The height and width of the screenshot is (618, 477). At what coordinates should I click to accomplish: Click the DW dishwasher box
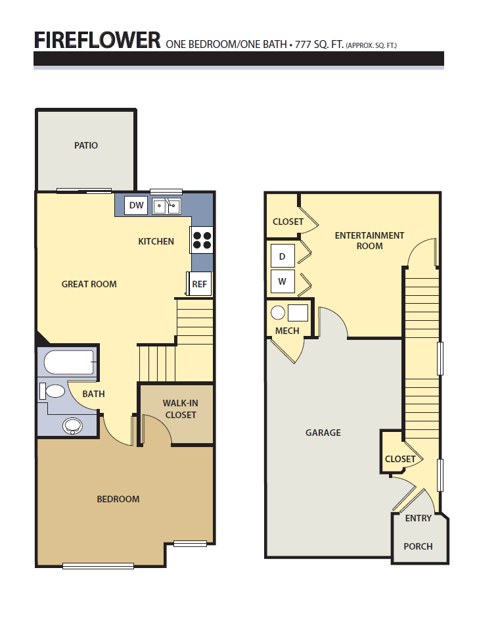coord(136,205)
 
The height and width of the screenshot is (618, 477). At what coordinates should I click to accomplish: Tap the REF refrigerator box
coord(199,284)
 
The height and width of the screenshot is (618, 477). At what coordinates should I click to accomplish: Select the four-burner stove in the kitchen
coord(202,239)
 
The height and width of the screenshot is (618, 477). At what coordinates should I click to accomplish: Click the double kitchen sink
coord(166,206)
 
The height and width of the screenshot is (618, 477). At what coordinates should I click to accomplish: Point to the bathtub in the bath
coord(69,362)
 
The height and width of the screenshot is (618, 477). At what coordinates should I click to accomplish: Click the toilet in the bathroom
coord(53,391)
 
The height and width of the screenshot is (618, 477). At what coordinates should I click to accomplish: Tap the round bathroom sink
coord(72,426)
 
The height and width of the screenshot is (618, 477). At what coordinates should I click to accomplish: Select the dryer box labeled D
coord(283,256)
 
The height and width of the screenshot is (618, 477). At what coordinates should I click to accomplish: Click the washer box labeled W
coord(283,281)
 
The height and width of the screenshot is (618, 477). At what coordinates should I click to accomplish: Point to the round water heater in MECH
coord(278,312)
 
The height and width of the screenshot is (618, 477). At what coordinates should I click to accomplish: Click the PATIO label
coord(86,145)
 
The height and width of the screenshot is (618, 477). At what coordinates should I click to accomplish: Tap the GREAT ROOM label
coord(89,284)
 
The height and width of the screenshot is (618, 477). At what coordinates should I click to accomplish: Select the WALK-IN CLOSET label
coord(181,409)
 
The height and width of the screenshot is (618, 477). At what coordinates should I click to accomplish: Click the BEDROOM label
coord(118,499)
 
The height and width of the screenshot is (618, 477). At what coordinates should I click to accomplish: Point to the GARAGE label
coord(323,433)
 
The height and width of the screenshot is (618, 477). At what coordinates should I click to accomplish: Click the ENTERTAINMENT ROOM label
coord(369,241)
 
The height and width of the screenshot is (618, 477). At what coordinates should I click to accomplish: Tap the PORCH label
coord(418,546)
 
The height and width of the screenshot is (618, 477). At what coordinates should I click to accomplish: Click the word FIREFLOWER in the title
coord(97,40)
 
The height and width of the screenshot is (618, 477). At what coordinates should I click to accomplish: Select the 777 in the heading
coord(303,44)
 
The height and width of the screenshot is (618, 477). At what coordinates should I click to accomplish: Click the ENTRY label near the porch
coord(419,518)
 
